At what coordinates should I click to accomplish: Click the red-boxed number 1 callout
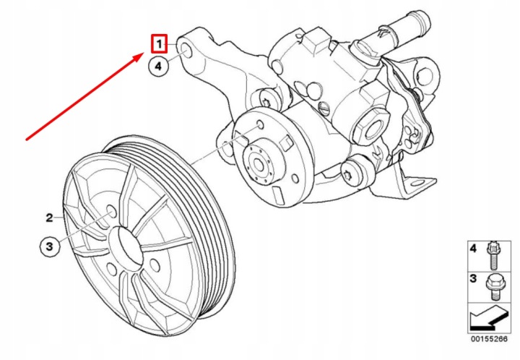(x=159, y=44)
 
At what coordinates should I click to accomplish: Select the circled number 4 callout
(x=158, y=66)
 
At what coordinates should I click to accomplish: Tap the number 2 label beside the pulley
(x=49, y=218)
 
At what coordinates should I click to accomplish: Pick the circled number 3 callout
(x=49, y=247)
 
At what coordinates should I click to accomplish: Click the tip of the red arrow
(x=144, y=53)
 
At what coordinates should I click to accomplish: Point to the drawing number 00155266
(x=489, y=339)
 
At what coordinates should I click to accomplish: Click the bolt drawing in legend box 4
(x=493, y=256)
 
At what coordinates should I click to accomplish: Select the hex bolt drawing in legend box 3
(x=493, y=288)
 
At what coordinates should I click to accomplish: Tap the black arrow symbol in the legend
(x=489, y=318)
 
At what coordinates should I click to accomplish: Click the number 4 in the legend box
(x=473, y=248)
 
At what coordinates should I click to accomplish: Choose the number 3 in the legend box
(x=473, y=279)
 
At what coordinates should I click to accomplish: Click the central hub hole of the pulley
(x=124, y=246)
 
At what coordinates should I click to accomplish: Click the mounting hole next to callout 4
(x=186, y=52)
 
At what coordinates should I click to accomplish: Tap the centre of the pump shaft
(x=257, y=163)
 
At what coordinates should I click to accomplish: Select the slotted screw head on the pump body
(x=324, y=108)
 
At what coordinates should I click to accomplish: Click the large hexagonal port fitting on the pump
(x=371, y=128)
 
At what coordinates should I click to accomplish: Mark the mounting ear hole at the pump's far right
(x=426, y=76)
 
